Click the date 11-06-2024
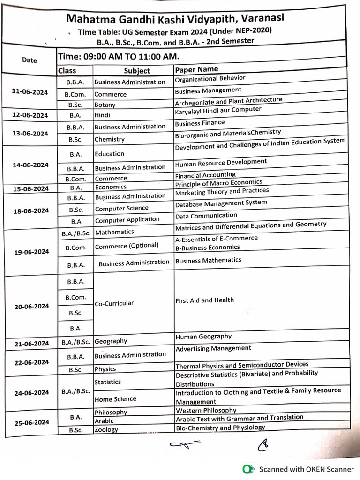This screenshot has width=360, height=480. click(30, 92)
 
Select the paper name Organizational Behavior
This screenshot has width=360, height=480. click(210, 79)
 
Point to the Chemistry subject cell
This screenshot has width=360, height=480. click(110, 139)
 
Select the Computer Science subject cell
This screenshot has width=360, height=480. click(121, 208)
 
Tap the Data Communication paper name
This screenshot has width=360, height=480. click(206, 216)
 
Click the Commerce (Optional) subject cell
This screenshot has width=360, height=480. click(127, 246)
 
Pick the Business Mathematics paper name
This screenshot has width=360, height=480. click(208, 260)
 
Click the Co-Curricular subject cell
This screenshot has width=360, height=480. click(114, 303)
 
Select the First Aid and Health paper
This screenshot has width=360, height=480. click(204, 300)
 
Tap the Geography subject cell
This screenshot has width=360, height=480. click(111, 342)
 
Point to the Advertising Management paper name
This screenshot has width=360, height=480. click(213, 348)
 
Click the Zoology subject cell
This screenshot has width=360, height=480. click(106, 429)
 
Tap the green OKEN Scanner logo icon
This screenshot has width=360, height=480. click(247, 469)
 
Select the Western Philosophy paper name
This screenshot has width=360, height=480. click(206, 411)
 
